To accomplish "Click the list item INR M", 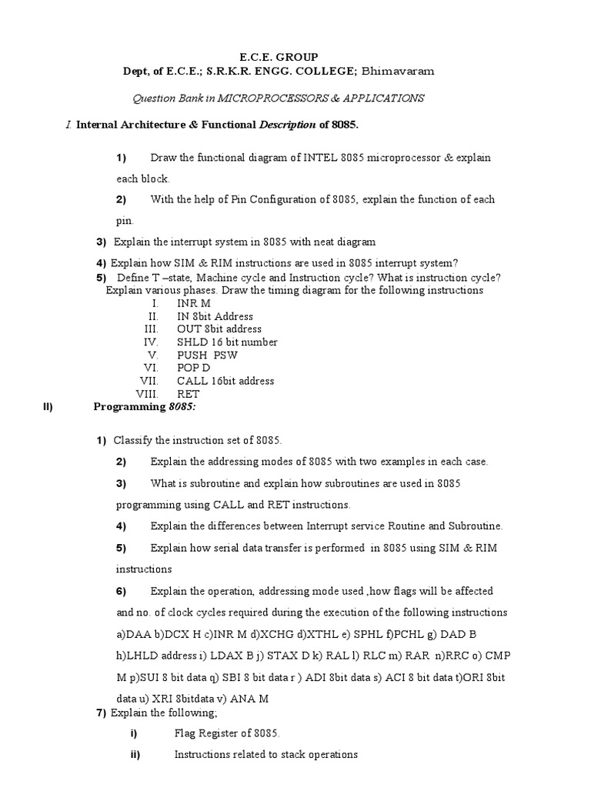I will pos(194,304).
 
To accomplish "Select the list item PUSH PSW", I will pos(207,356).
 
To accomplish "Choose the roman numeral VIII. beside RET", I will pos(147,394).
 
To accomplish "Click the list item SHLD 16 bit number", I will pos(227,342).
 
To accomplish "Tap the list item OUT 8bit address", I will pos(219,329).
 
